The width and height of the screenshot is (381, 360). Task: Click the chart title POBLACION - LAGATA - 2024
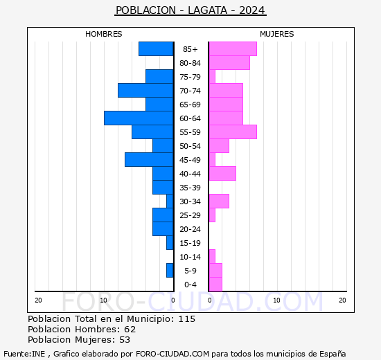point(190,10)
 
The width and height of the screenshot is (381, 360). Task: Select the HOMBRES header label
point(103,34)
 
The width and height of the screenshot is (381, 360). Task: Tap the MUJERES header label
point(276,34)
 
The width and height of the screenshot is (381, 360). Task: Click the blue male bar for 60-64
point(139,118)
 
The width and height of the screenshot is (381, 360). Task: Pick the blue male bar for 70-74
point(145,91)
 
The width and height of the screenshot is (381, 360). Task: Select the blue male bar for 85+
point(156,49)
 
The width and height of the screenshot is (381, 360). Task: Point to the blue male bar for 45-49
point(149,160)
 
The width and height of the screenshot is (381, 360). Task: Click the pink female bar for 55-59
point(232,132)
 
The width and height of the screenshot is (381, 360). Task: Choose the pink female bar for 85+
point(232,49)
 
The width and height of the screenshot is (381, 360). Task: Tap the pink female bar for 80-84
point(229,63)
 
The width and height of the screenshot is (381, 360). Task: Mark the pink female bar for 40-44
point(222,174)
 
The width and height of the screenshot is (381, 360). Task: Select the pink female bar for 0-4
point(215,285)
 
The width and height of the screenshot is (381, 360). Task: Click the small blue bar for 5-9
point(170,271)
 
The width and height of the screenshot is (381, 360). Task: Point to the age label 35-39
point(190,188)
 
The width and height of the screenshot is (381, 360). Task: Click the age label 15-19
point(190,243)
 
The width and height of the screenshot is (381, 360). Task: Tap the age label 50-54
point(190,146)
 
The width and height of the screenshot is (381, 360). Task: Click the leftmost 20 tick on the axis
point(38,300)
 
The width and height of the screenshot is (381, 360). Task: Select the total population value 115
point(186,319)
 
